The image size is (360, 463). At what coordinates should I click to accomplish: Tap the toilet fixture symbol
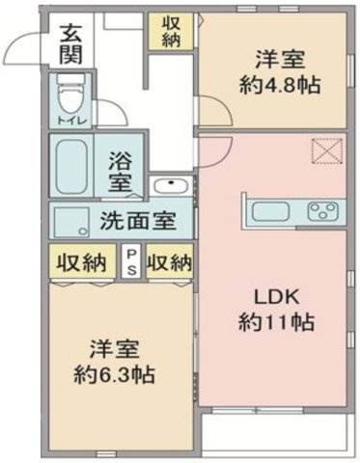tap(69, 94)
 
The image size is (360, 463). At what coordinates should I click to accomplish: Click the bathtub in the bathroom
tap(71, 165)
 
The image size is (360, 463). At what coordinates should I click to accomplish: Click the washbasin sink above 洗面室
tap(171, 185)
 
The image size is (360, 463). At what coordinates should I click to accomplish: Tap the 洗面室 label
tap(138, 221)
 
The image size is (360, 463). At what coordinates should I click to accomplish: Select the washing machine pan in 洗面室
tap(71, 222)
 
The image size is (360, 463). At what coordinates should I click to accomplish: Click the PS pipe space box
tap(132, 262)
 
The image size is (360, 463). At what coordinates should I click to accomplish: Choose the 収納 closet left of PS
tap(82, 261)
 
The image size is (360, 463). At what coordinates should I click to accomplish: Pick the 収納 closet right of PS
tap(170, 261)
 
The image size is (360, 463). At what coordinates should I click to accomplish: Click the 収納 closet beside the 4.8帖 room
tap(171, 32)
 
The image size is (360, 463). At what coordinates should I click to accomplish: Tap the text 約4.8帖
tap(280, 85)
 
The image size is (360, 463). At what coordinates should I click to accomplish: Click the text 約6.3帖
tap(114, 374)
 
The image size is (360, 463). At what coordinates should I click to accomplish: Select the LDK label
tap(277, 298)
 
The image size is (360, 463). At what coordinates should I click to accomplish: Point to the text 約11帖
tap(276, 322)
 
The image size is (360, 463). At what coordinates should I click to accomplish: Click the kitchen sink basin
tap(270, 212)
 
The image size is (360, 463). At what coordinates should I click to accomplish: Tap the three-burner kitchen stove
tap(322, 212)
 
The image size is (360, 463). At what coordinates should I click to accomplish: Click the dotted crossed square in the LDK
tap(327, 151)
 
